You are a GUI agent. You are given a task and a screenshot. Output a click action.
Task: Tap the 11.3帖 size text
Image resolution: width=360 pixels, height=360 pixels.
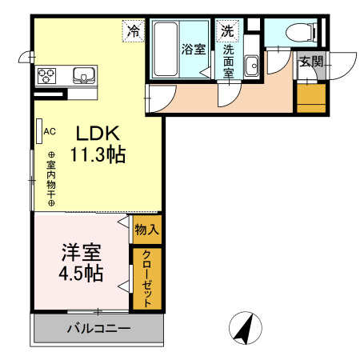98,154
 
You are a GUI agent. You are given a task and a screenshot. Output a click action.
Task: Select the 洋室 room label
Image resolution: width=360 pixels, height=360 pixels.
82,253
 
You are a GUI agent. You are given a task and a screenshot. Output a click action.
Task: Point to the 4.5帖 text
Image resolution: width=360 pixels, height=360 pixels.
82,273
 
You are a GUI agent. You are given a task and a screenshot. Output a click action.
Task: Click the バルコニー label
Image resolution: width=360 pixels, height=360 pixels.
98,328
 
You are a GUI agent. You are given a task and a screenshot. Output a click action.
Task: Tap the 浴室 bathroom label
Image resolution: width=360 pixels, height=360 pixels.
194,49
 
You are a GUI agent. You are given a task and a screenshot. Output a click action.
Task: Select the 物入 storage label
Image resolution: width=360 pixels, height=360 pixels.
146,230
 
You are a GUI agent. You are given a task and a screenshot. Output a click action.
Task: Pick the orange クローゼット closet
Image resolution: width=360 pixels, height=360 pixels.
147,278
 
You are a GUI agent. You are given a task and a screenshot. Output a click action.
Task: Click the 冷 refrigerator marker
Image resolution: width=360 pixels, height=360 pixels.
134,32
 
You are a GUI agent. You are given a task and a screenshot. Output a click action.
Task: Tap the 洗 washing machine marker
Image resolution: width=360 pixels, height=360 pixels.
228,32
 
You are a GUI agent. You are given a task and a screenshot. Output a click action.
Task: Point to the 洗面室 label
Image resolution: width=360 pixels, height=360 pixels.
228,61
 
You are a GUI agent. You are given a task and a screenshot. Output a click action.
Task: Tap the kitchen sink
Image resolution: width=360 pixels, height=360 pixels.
84,76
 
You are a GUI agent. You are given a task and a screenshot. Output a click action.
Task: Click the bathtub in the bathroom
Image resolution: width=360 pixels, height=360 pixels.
165,49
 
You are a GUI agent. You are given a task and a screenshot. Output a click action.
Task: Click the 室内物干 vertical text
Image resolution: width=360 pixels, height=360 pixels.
50,179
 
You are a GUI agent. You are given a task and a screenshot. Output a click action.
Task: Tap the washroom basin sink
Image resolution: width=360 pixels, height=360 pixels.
251,65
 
